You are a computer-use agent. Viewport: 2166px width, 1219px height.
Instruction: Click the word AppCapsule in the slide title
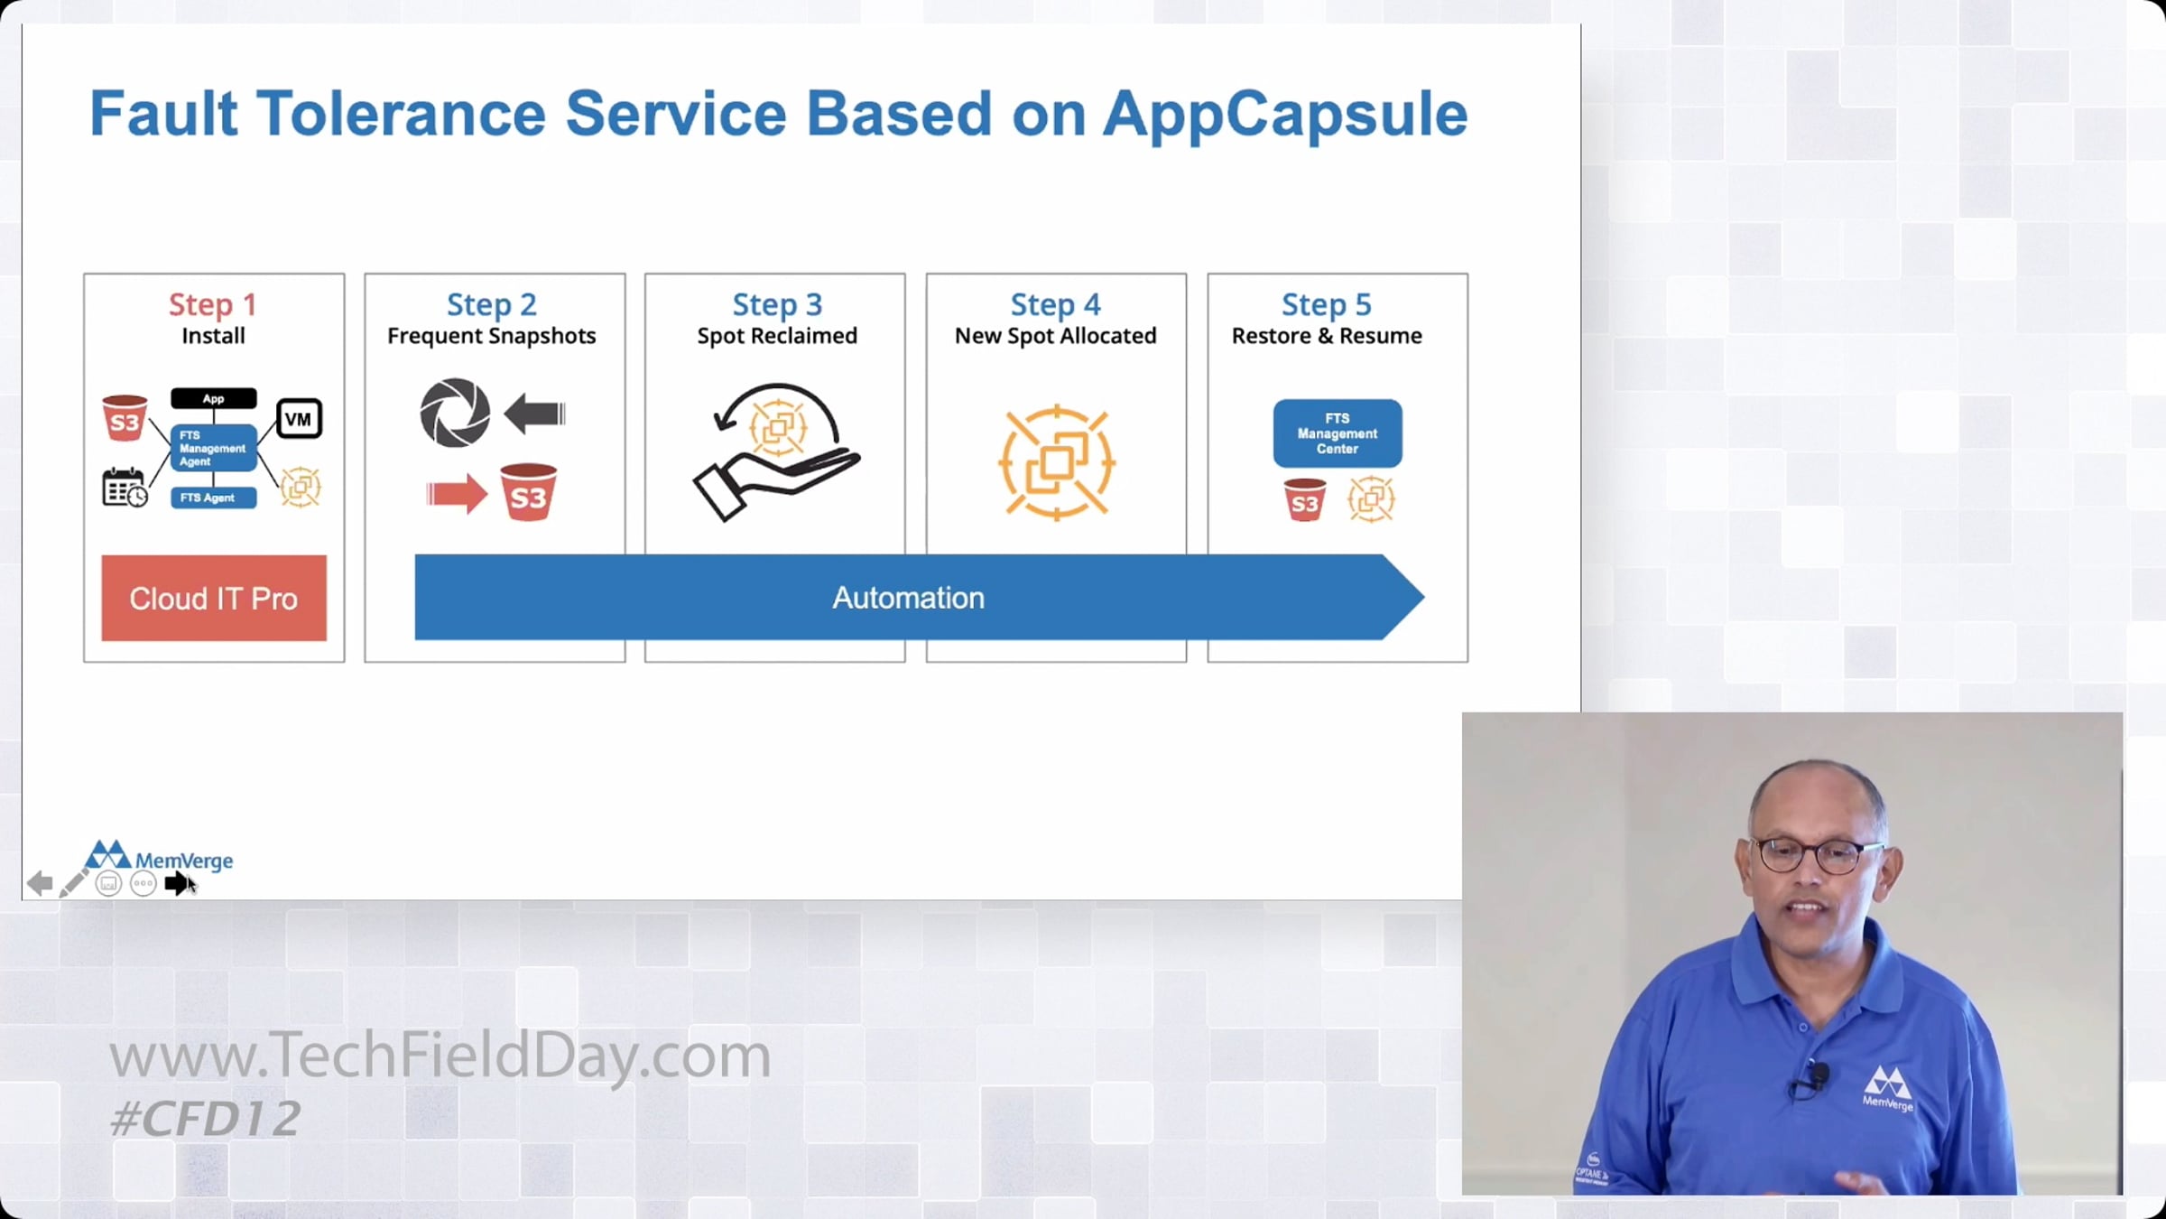pyautogui.click(x=1285, y=116)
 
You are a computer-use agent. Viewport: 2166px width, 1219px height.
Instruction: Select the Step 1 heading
pyautogui.click(x=213, y=304)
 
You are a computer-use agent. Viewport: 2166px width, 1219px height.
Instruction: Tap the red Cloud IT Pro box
pyautogui.click(x=214, y=598)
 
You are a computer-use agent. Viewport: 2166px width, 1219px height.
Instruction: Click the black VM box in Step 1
pyautogui.click(x=299, y=419)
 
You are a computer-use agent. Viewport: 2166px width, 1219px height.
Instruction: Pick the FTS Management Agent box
pyautogui.click(x=214, y=448)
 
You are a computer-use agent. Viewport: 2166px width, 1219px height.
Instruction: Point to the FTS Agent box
pyautogui.click(x=214, y=498)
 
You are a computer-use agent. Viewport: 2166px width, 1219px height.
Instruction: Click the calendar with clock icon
pyautogui.click(x=125, y=488)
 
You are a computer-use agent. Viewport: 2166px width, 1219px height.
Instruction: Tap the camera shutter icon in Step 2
pyautogui.click(x=455, y=413)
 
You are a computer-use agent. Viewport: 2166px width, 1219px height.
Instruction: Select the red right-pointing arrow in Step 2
pyautogui.click(x=457, y=494)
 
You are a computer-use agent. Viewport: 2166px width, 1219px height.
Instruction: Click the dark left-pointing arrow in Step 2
pyautogui.click(x=534, y=414)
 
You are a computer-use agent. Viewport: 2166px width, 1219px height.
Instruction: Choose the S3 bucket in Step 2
pyautogui.click(x=528, y=492)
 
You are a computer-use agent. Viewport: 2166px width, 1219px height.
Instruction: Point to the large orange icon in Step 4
pyautogui.click(x=1057, y=462)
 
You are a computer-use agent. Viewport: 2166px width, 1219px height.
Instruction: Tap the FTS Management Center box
pyautogui.click(x=1338, y=433)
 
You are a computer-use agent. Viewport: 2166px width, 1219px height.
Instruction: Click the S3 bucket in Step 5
pyautogui.click(x=1305, y=499)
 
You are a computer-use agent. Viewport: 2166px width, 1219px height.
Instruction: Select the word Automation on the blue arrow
pyautogui.click(x=908, y=598)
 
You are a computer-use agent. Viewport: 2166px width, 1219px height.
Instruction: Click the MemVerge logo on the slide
pyautogui.click(x=159, y=856)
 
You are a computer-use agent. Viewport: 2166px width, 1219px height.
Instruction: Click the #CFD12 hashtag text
pyautogui.click(x=205, y=1119)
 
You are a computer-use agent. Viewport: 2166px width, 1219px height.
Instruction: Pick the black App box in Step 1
pyautogui.click(x=214, y=398)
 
